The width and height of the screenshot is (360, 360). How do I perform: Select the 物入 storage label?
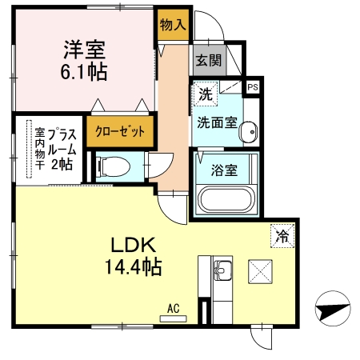(173, 26)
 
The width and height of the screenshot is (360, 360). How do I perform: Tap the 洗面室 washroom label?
(216, 123)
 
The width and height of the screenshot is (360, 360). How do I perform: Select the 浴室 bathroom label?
(224, 170)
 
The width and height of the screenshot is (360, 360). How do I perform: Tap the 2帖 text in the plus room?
(62, 164)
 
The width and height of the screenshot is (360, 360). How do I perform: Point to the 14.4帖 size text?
(132, 266)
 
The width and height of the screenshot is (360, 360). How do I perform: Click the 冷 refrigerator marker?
(282, 235)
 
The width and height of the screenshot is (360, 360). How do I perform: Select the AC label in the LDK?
(172, 307)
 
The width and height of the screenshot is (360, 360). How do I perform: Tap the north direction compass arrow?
(333, 307)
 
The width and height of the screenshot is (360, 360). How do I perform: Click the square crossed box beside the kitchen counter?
(261, 272)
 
